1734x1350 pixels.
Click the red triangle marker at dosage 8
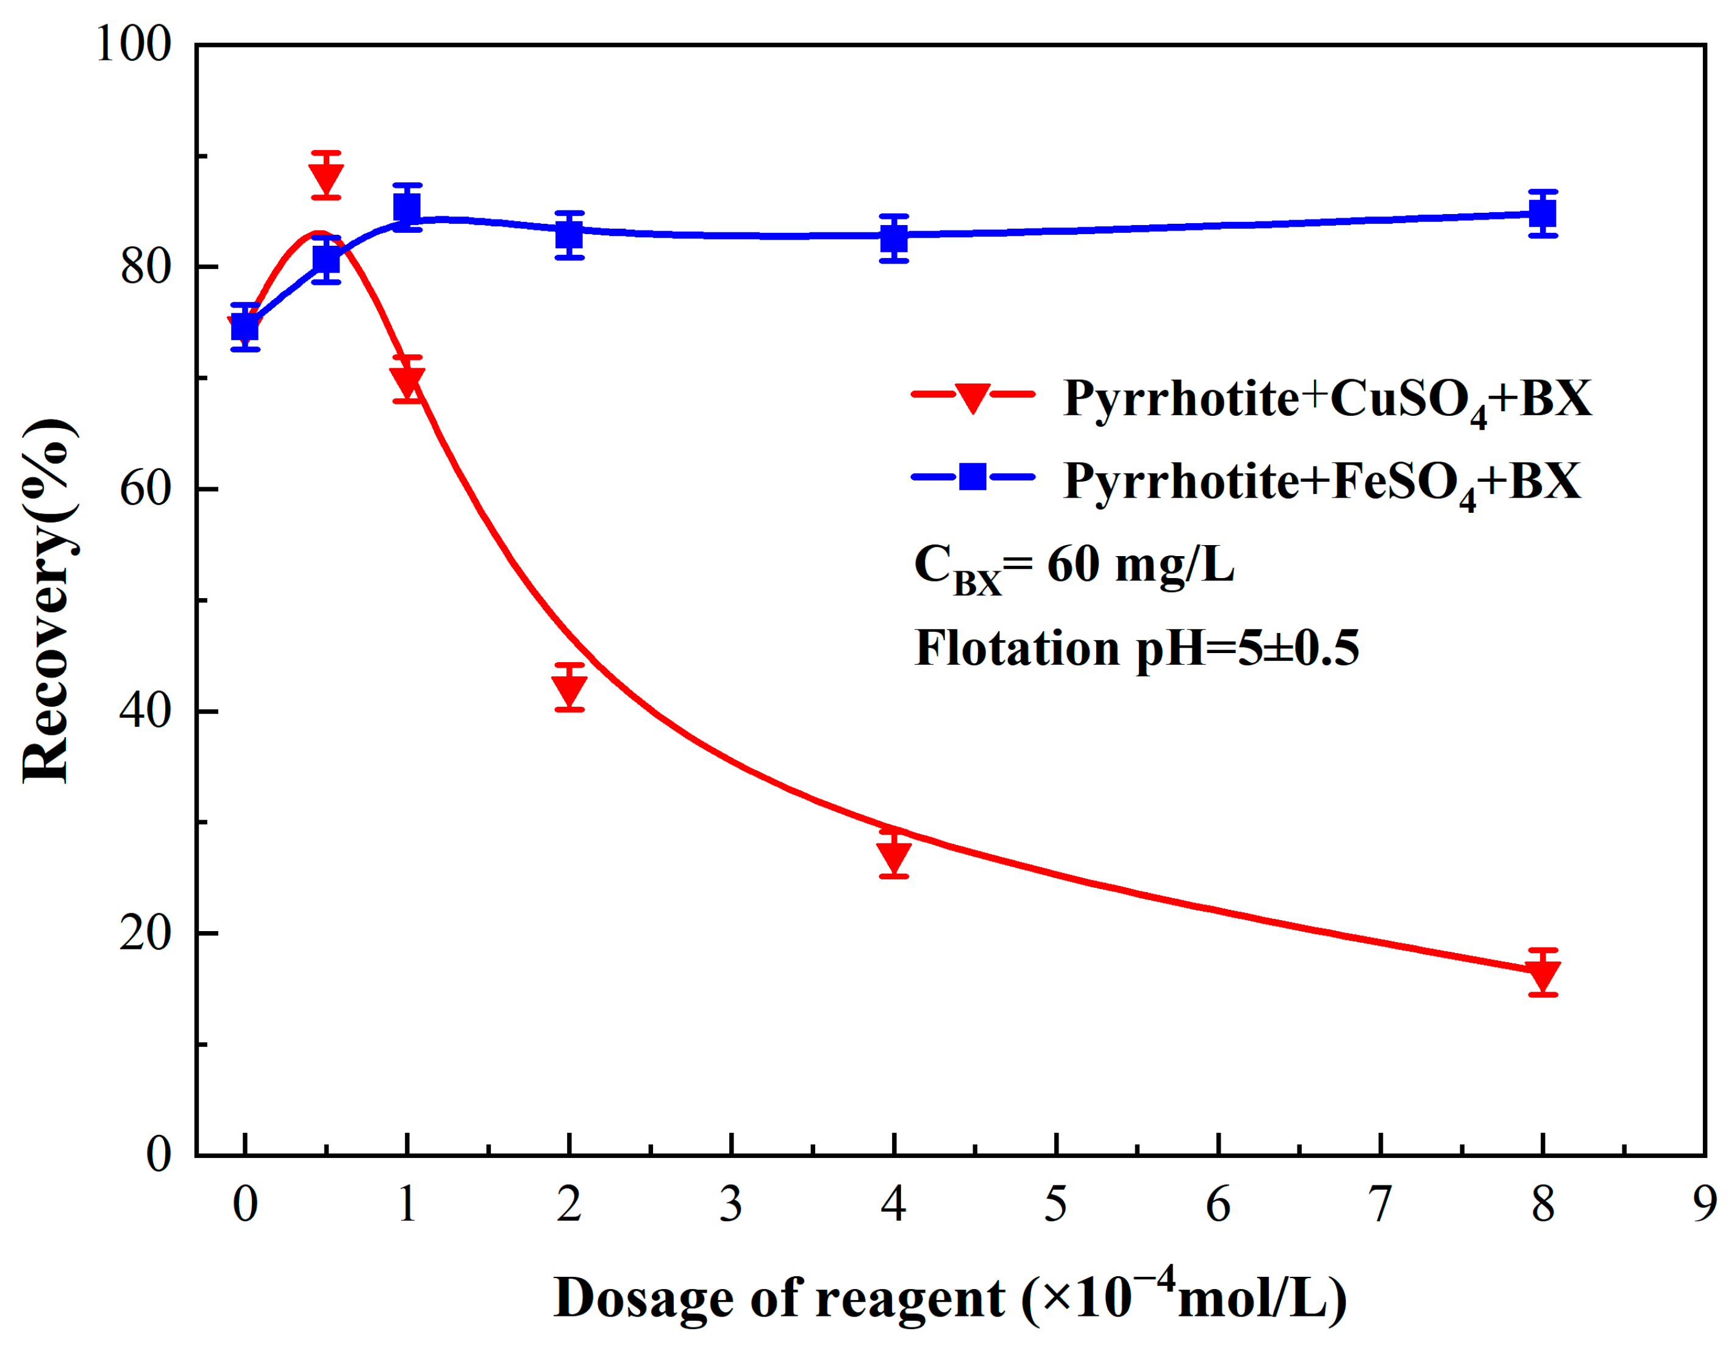1543,972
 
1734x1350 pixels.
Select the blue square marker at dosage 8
1543,213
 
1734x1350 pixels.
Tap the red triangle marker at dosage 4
894,854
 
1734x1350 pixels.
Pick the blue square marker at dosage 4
894,237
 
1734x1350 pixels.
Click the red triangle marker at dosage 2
570,687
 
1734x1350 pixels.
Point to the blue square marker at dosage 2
570,235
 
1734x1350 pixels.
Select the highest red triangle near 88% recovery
326,176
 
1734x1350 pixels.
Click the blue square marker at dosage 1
407,208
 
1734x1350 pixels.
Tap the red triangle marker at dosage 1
407,380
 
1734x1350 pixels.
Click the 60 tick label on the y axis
145,488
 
